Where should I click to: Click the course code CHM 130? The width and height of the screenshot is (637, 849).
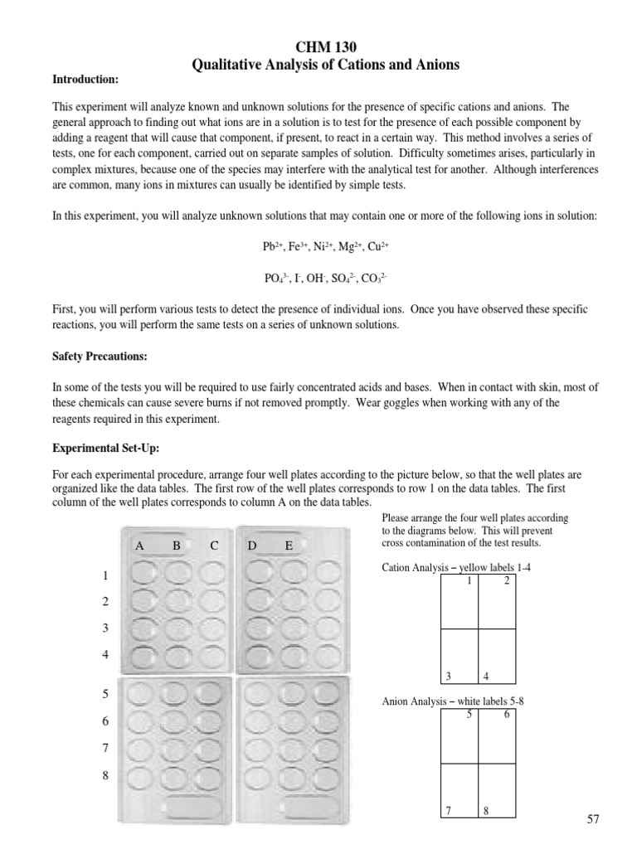pos(318,47)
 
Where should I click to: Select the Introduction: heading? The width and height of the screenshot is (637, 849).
pos(86,80)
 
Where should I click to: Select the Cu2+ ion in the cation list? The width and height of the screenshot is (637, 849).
pos(377,247)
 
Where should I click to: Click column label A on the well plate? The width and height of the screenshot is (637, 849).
pos(140,546)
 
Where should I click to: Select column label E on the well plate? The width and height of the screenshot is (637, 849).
pos(289,546)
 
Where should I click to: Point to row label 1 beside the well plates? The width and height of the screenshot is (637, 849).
pos(105,575)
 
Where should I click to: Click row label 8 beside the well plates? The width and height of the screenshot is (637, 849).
pos(105,775)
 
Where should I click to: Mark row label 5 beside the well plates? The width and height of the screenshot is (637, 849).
pos(105,694)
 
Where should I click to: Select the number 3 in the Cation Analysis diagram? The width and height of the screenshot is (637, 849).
pos(448,677)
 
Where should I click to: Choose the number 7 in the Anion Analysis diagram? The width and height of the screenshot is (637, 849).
pos(448,811)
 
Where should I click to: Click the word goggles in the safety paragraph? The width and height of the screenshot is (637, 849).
pos(374,403)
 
